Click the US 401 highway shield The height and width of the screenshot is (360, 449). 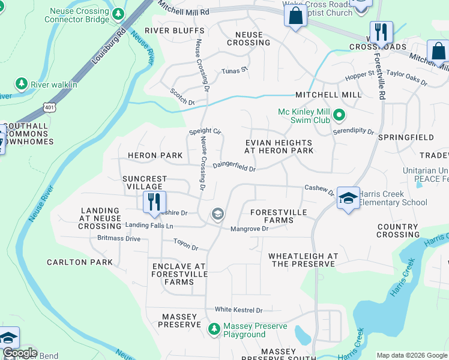tap(47, 107)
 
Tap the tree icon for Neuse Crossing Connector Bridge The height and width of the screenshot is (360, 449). tap(119, 13)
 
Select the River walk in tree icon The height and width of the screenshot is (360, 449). tap(22, 84)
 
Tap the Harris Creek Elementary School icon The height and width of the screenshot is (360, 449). tap(348, 199)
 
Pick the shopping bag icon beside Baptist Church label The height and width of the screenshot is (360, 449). tap(295, 16)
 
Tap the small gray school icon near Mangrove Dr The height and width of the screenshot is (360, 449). tap(217, 214)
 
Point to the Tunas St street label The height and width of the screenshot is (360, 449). tap(235, 71)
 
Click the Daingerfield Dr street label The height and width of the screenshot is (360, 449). tap(234, 166)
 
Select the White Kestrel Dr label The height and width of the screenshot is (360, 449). tap(239, 310)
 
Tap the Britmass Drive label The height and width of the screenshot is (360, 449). tap(119, 238)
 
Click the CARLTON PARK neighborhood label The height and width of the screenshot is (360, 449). tap(80, 262)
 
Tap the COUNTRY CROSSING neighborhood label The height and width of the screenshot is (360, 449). tap(398, 230)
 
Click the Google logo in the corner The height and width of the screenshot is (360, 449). tap(19, 353)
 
